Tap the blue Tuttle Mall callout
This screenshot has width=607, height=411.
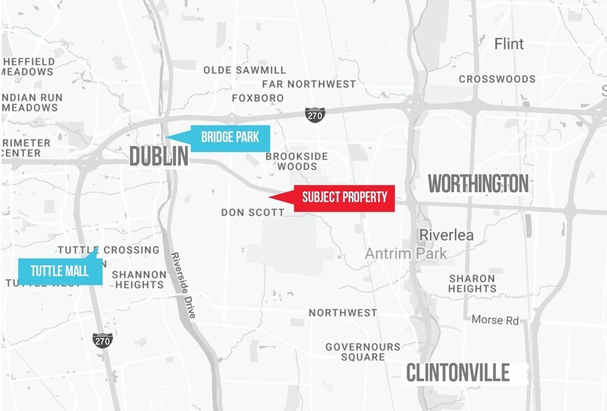tap(59, 271)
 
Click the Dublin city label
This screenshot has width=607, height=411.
tap(159, 157)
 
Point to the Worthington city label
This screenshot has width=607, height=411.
tap(478, 184)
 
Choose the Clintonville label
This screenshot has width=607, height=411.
tap(458, 373)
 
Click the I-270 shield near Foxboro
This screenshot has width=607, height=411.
tap(315, 115)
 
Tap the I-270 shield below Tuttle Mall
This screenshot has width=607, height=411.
tap(103, 340)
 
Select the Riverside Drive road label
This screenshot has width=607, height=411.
tap(184, 285)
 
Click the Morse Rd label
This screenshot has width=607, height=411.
tap(495, 320)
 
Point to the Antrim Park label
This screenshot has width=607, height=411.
tap(406, 254)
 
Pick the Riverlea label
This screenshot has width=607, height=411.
tap(446, 235)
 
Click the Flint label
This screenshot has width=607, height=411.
tap(509, 44)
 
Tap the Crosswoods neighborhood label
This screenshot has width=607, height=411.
tap(497, 79)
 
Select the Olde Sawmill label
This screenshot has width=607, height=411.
tap(244, 70)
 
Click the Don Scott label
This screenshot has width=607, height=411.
tap(253, 212)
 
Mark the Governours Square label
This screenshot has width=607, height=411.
tap(363, 352)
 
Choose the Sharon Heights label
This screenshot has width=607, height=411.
tap(473, 283)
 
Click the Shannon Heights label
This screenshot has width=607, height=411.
tap(138, 280)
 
